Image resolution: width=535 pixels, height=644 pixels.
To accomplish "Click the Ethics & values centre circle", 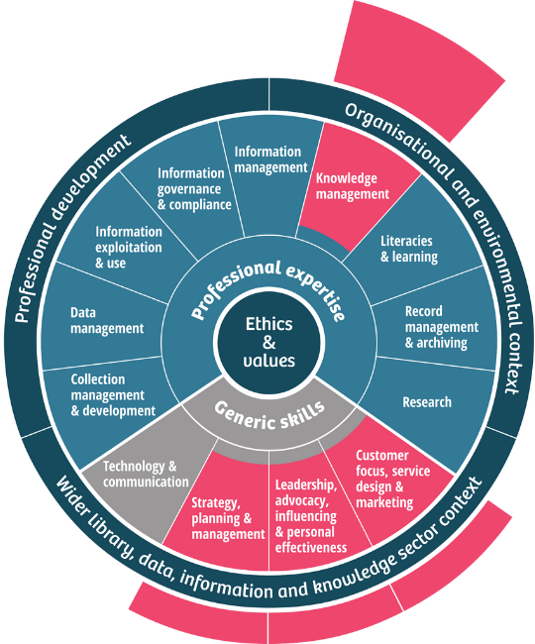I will point(271,341).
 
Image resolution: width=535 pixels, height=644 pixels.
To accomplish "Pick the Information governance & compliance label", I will point(194,189).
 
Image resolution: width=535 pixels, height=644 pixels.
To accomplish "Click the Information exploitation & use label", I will point(129,248).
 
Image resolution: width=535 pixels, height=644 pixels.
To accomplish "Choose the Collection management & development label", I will point(113,394).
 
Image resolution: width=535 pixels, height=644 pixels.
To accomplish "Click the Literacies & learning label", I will point(409,249).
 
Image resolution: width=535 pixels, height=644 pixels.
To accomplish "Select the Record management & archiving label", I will point(441,328).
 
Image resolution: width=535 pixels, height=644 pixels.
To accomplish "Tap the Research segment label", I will point(427,402).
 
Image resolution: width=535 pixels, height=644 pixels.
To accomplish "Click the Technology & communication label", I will point(146,475).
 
